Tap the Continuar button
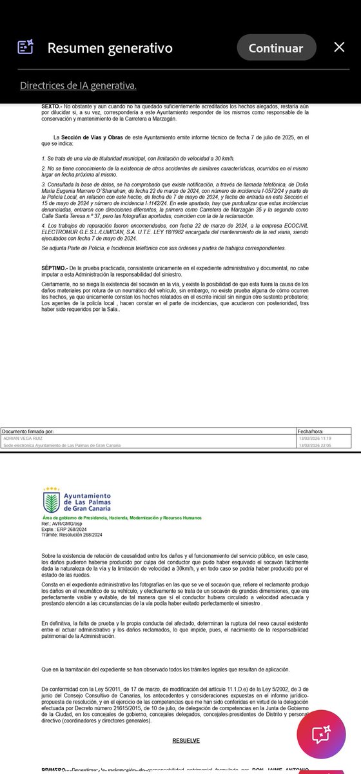coord(276,48)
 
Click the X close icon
coord(339,47)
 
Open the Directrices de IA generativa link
coord(78,85)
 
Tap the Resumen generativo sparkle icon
coord(25,47)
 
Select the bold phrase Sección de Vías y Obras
coord(97,137)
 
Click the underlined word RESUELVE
coord(186,740)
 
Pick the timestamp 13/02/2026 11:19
coord(314,438)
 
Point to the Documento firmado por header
coord(28,430)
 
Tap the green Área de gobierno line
coord(121,517)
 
